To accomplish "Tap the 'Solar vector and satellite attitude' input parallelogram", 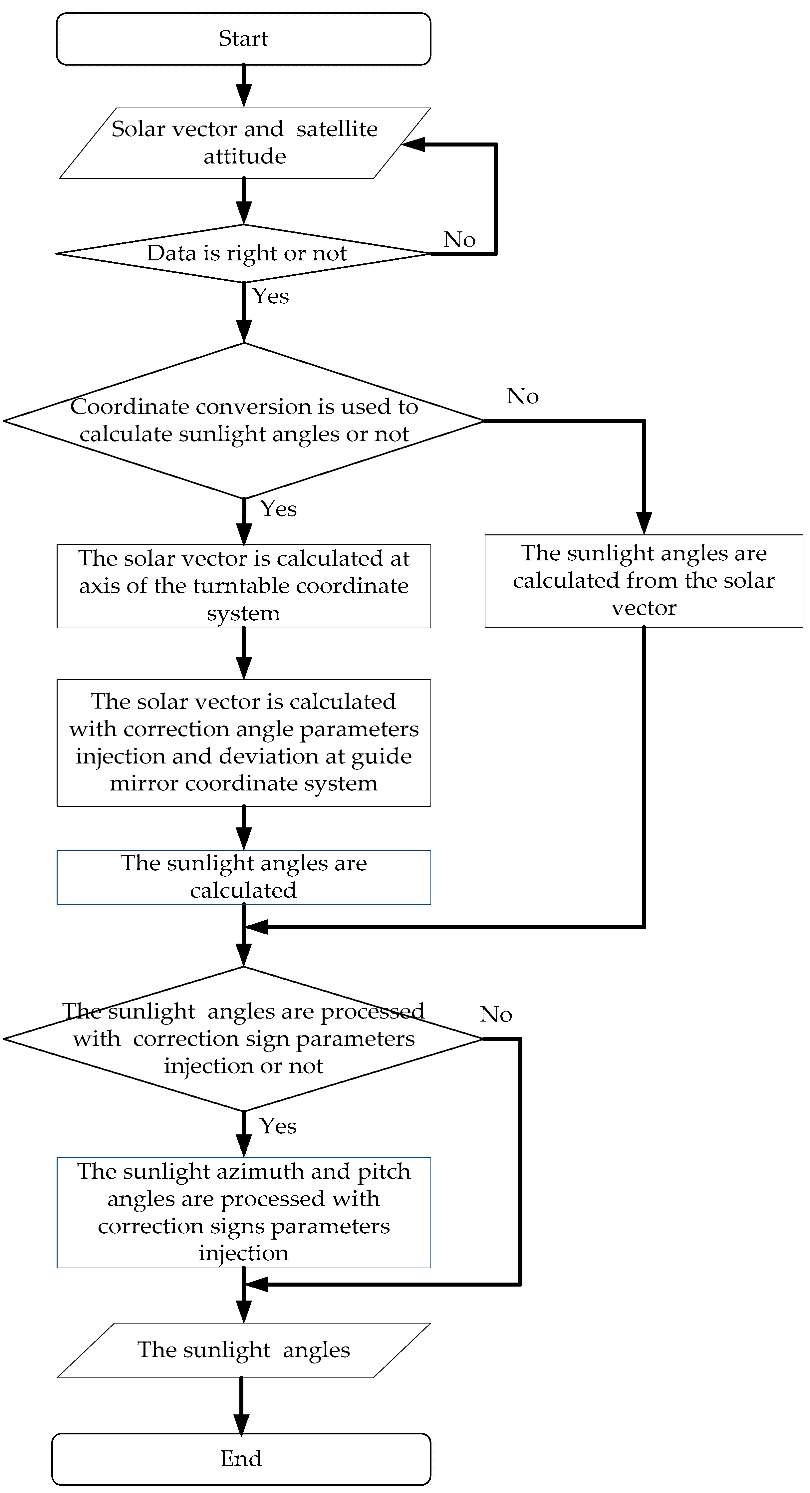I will pos(244,143).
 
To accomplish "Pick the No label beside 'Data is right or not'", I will pos(459,239).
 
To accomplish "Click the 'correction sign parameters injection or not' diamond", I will pos(243,1039).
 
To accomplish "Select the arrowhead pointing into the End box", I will pos(241,1425).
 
